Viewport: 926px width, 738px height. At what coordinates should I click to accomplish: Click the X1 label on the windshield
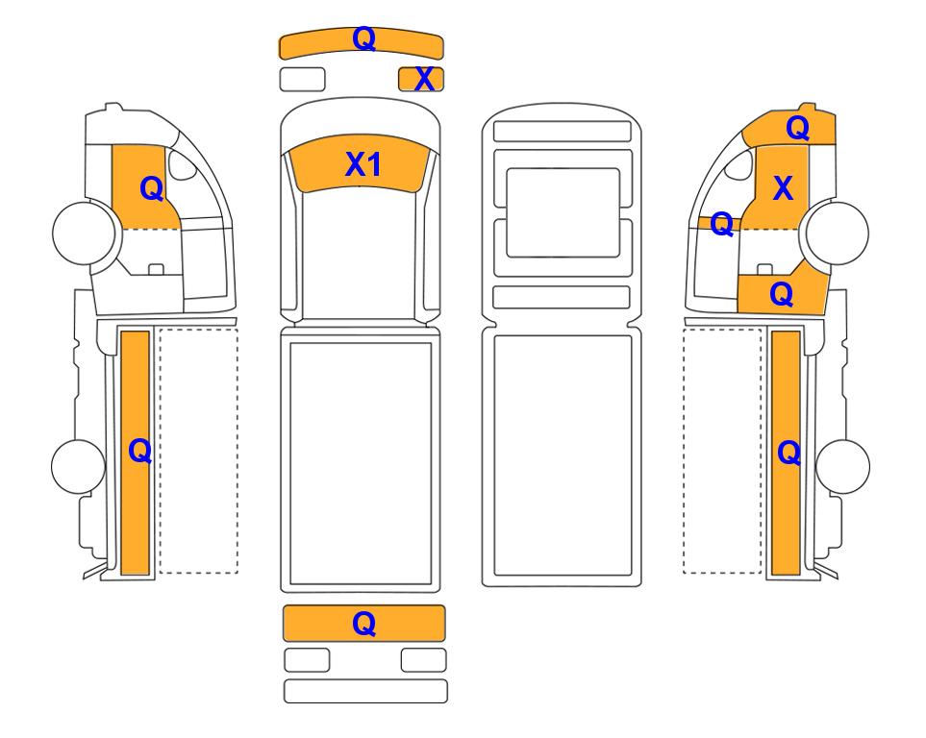point(363,164)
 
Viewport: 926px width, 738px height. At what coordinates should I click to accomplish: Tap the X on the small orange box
point(424,80)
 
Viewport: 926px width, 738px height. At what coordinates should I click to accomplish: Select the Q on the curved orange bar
point(363,39)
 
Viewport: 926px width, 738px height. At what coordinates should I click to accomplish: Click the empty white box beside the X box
point(302,80)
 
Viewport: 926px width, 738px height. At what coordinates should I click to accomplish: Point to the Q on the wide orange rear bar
point(363,624)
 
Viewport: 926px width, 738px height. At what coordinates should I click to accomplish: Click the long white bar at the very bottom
point(365,691)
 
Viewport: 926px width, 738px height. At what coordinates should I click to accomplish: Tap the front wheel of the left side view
point(84,233)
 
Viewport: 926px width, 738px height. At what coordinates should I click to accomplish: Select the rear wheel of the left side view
point(78,466)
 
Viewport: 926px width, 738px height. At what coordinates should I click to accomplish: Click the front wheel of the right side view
point(838,233)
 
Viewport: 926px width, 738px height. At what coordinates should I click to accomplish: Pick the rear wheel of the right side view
point(842,466)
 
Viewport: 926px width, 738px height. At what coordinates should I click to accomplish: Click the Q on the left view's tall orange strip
point(140,452)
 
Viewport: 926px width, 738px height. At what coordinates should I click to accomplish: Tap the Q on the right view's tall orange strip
point(789,454)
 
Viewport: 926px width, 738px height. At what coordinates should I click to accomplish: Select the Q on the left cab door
point(152,189)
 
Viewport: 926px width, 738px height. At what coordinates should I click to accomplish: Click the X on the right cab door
point(783,188)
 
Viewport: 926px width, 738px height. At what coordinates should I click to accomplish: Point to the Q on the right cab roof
point(798,128)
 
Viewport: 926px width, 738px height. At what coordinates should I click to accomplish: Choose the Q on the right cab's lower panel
point(782,294)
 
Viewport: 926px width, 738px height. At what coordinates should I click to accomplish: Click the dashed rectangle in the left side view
point(198,451)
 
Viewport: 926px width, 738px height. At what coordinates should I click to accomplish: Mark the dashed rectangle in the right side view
point(722,451)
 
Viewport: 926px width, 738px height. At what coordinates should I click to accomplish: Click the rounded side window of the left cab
point(183,164)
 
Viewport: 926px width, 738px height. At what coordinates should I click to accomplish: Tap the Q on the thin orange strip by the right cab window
point(722,224)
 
